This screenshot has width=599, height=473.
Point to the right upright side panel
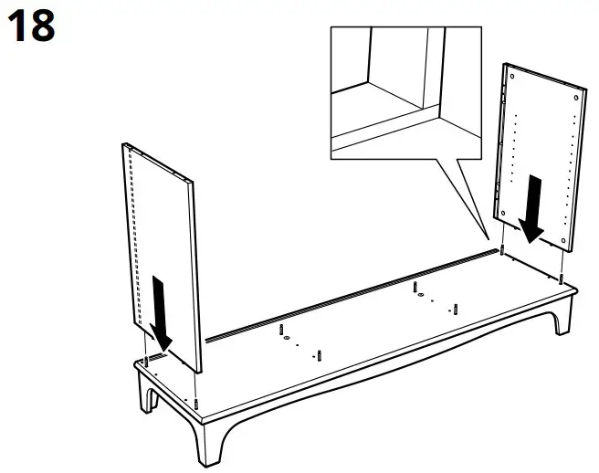coord(539,155)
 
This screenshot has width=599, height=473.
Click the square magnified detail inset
coord(405,91)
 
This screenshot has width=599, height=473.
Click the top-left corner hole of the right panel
coord(510,70)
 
